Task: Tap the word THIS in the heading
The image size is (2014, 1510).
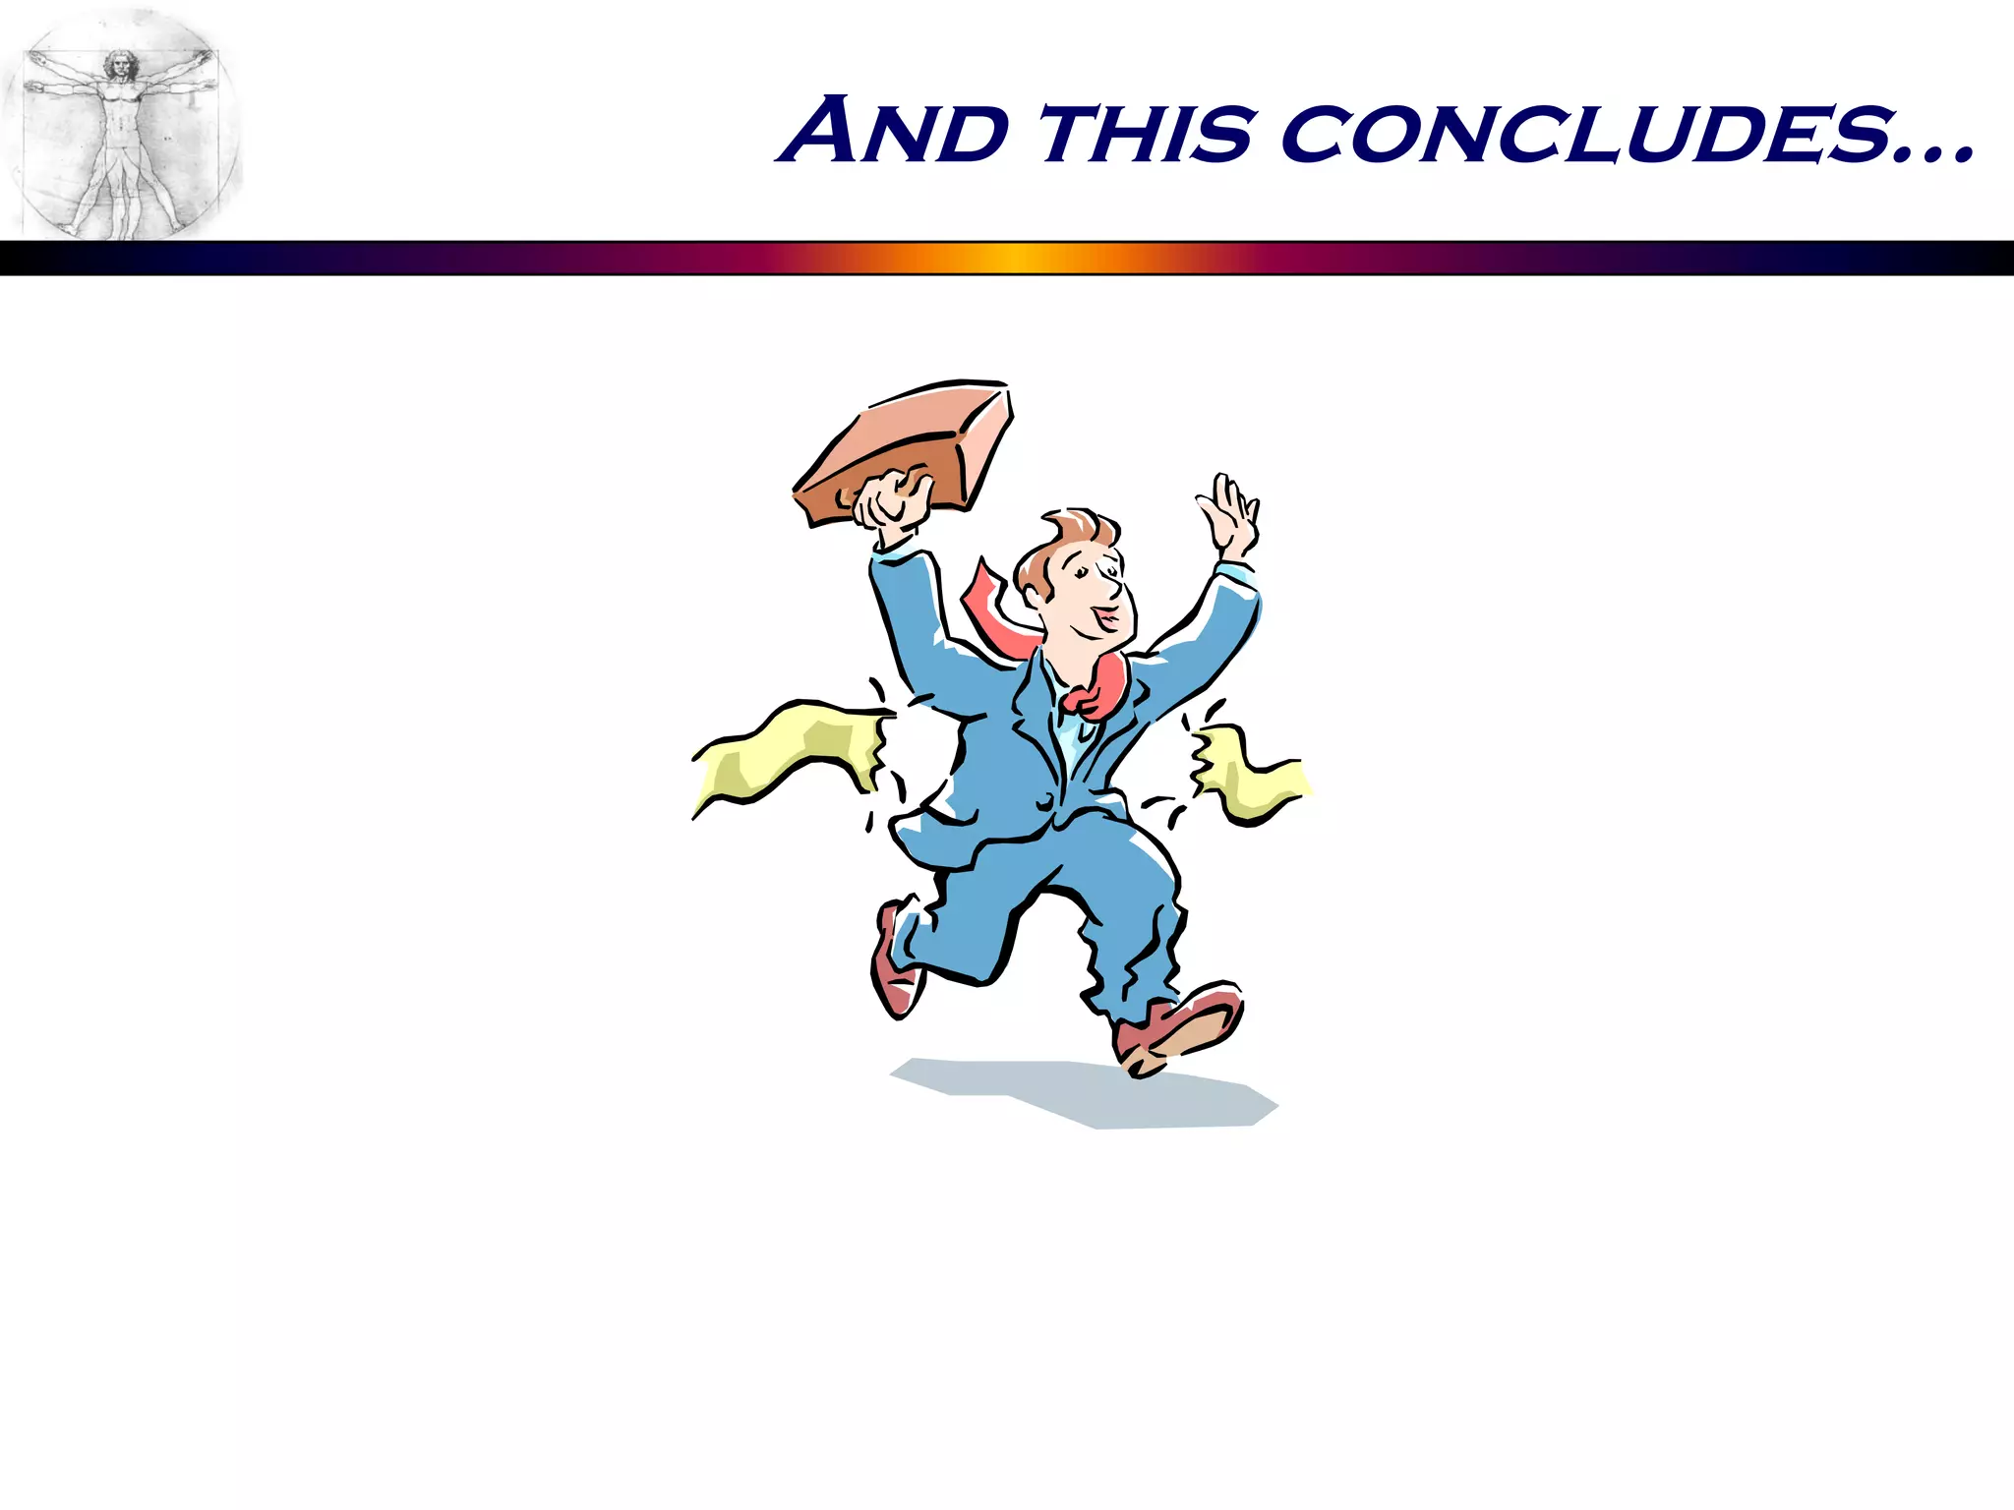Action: (1147, 134)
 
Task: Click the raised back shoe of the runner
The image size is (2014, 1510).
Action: (893, 963)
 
